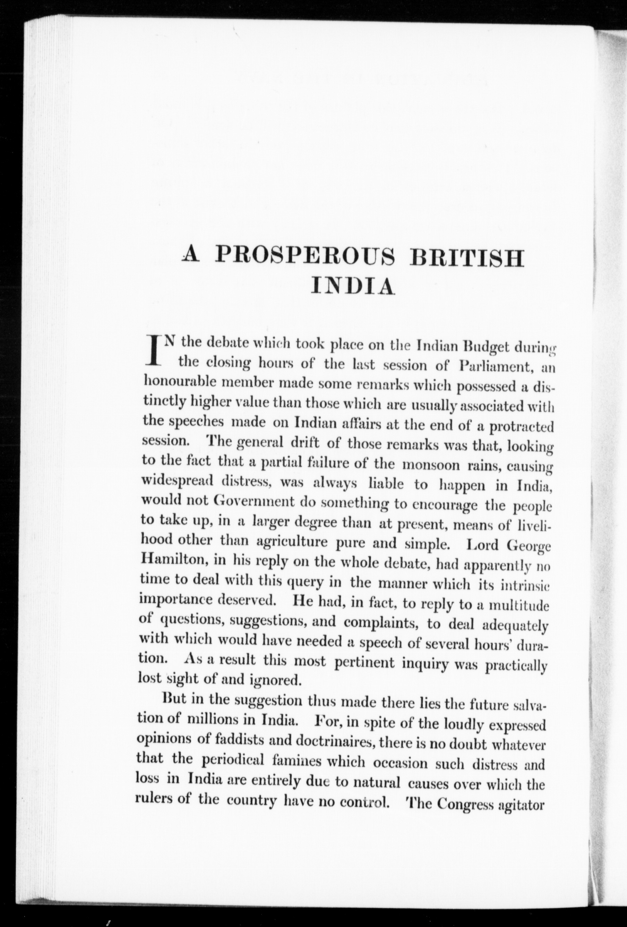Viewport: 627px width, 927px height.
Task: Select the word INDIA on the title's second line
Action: pos(352,286)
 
